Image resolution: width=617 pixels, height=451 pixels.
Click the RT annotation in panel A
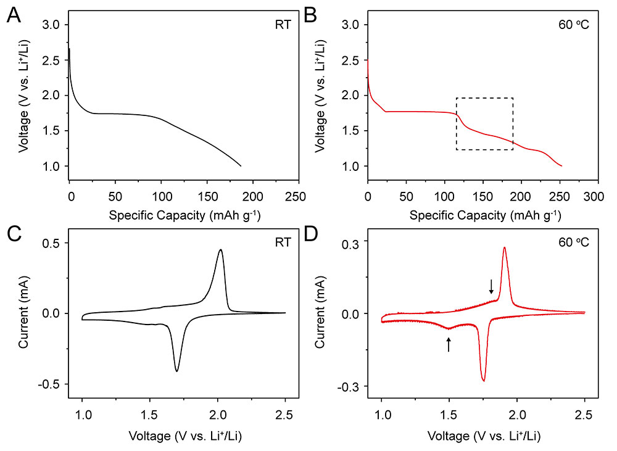tap(284, 27)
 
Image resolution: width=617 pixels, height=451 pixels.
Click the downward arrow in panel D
tap(491, 286)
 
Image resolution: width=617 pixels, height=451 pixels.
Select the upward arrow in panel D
tap(449, 344)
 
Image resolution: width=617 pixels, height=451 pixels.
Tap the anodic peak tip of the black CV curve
tap(220, 250)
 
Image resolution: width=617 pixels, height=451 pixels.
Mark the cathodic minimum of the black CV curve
tap(177, 371)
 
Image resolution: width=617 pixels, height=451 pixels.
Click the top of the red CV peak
tap(505, 247)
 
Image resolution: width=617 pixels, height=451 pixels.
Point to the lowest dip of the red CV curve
tap(484, 381)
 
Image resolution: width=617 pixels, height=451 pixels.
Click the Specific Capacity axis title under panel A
tap(184, 215)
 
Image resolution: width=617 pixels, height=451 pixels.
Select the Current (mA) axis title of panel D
tap(322, 313)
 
